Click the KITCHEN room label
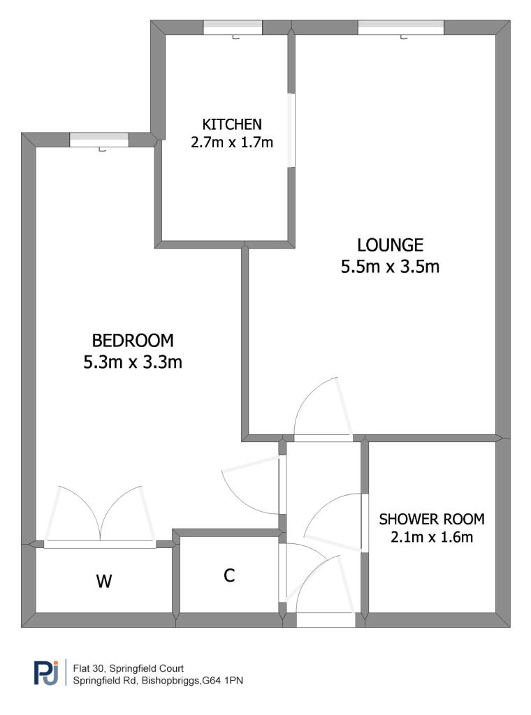tap(232, 124)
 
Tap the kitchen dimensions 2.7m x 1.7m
tap(232, 142)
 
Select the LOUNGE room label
tap(390, 245)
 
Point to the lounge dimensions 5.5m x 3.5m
tap(390, 266)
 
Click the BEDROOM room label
tap(133, 341)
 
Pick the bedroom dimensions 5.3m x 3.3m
tap(133, 362)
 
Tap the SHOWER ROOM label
tap(432, 519)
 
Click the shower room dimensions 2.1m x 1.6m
tap(432, 537)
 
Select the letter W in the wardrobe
tap(104, 582)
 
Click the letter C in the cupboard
tap(229, 575)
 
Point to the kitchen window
tap(233, 28)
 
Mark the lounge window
tap(401, 28)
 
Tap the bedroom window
tap(99, 140)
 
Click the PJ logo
tap(47, 672)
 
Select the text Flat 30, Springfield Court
tap(128, 668)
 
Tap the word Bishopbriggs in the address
tap(170, 681)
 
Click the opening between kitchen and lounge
tap(291, 131)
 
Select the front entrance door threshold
tap(326, 620)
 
